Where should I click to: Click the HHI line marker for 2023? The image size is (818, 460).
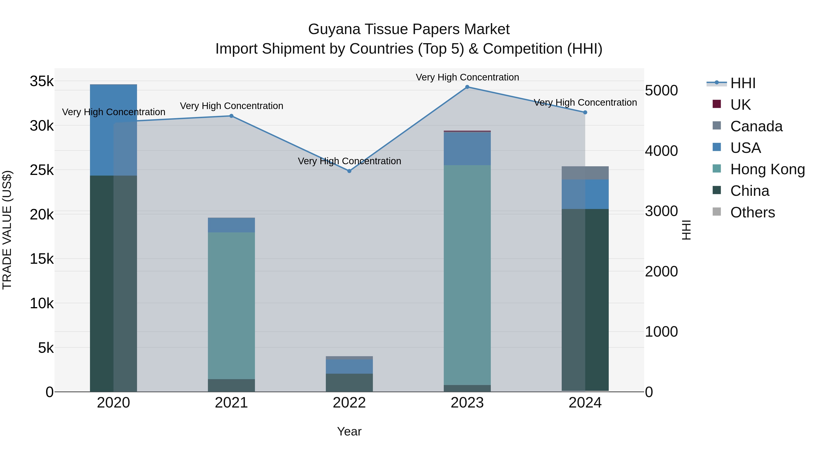467,87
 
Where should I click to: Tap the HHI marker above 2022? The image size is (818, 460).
349,171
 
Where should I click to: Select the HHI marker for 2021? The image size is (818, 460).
232,116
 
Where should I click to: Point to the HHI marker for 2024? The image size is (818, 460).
585,112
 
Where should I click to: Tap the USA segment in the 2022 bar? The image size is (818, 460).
349,367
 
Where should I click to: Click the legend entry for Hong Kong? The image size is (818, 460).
767,169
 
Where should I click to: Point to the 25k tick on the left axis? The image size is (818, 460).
42,170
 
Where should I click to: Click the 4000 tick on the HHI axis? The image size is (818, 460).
661,151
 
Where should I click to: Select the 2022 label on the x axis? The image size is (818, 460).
349,403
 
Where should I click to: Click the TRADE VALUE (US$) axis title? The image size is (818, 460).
7,230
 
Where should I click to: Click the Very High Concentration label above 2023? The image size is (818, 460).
467,77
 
